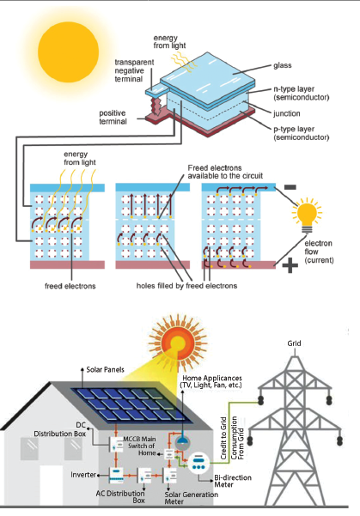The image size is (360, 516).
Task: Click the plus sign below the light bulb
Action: coord(290,266)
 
